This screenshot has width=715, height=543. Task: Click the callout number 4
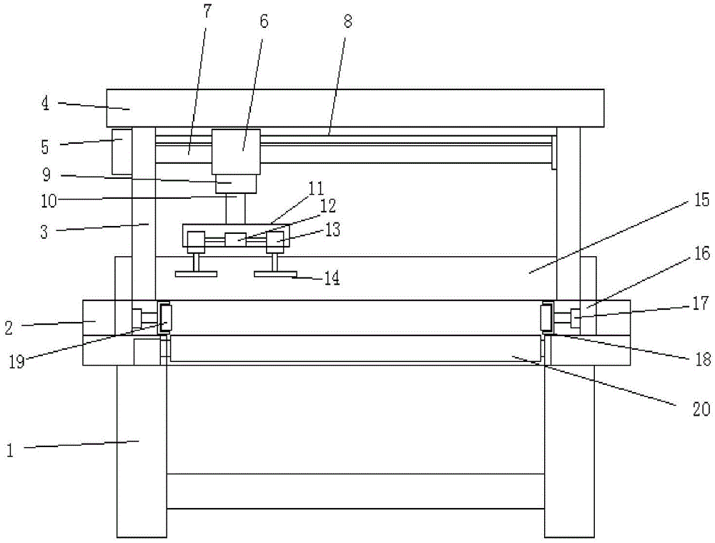pyautogui.click(x=44, y=103)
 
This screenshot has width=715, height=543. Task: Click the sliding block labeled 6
pyautogui.click(x=236, y=151)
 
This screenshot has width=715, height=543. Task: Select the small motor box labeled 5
pyautogui.click(x=122, y=151)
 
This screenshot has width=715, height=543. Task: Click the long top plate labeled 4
pyautogui.click(x=357, y=107)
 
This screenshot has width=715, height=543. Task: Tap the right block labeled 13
pyautogui.click(x=276, y=240)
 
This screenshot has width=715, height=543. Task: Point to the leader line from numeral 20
pyautogui.click(x=593, y=377)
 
